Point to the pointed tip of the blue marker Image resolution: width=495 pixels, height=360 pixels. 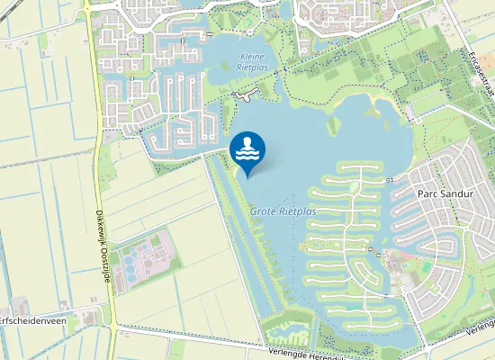click(247, 176)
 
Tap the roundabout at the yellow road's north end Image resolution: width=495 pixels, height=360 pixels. click(86, 4)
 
